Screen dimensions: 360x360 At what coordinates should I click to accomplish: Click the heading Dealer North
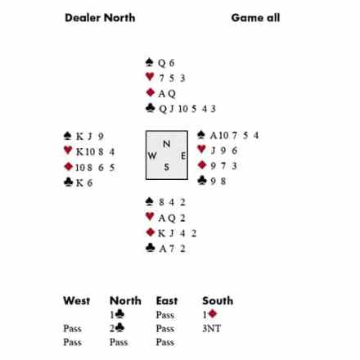coord(100,18)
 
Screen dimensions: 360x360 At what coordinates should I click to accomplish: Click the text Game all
coord(255,18)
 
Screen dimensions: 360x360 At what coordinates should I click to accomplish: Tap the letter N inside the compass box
coord(167,144)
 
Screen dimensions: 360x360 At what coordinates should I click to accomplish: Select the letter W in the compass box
coord(152,155)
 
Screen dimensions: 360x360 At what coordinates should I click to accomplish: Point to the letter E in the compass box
coord(183,155)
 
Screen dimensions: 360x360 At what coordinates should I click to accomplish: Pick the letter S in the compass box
coord(167,167)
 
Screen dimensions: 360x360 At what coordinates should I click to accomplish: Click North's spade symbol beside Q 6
coord(150,62)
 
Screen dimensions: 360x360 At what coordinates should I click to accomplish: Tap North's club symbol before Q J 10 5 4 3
coord(151,108)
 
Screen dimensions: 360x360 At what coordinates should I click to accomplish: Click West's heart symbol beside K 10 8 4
coord(68,151)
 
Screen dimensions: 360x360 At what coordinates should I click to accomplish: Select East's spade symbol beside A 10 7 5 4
coord(201,135)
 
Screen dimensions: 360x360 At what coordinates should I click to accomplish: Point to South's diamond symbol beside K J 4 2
coord(151,232)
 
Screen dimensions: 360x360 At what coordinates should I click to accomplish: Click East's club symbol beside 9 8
coord(202,180)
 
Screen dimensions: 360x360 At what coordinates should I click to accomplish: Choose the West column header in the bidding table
coord(77,301)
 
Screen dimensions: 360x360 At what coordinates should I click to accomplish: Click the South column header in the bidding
coord(218,301)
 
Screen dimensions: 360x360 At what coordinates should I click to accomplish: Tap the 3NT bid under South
coord(212,328)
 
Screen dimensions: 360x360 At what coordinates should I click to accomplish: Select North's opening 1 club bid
coord(117,314)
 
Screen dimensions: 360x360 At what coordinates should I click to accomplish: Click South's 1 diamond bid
coord(209,314)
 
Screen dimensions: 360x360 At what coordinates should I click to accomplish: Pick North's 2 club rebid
coord(117,328)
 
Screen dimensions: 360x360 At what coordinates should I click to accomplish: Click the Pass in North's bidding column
coord(119,342)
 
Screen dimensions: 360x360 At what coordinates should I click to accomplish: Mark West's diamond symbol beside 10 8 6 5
coord(68,166)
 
